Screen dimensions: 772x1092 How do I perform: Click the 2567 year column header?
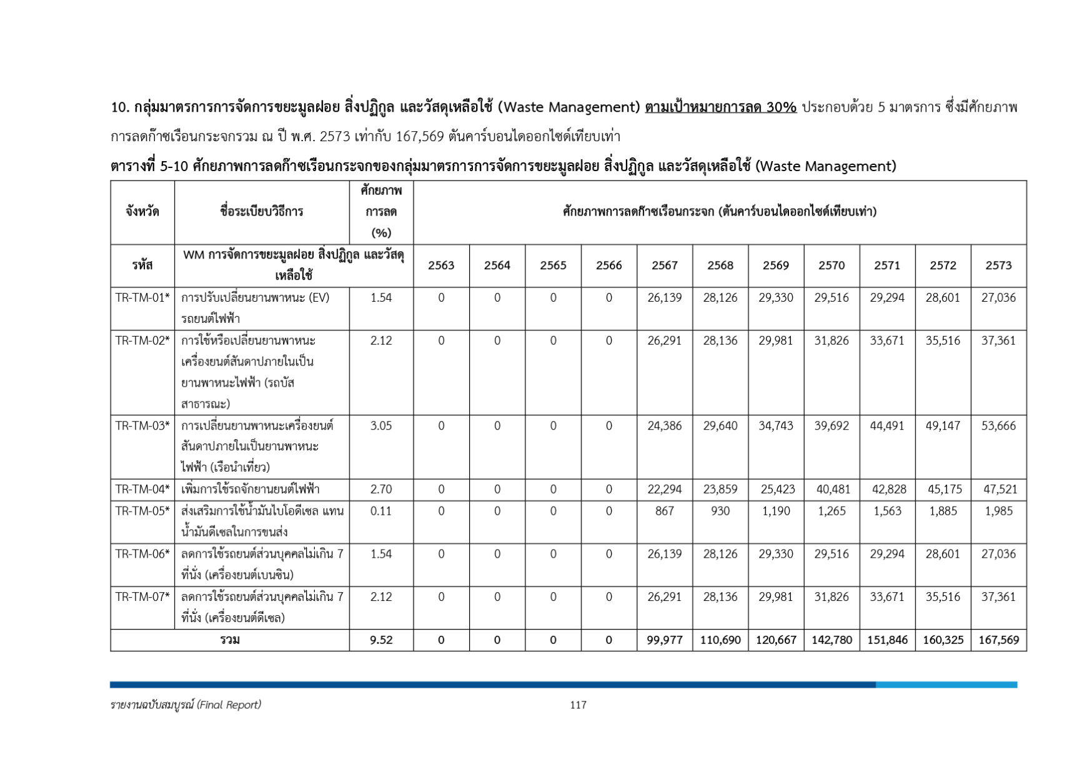(x=664, y=265)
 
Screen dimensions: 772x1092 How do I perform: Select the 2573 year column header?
(x=998, y=265)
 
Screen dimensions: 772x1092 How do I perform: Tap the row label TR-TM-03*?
(x=142, y=426)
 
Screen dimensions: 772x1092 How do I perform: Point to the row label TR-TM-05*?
(x=142, y=511)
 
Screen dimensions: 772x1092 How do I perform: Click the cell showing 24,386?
(x=664, y=426)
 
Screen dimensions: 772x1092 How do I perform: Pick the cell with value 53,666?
(x=998, y=426)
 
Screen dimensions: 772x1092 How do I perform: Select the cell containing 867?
(x=664, y=511)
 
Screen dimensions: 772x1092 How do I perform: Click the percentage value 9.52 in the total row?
(x=381, y=640)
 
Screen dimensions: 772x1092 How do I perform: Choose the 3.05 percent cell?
(x=381, y=426)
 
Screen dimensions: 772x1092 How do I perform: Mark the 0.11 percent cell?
(x=381, y=511)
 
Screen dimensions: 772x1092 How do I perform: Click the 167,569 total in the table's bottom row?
(x=998, y=640)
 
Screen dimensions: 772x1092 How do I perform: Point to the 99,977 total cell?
(x=664, y=640)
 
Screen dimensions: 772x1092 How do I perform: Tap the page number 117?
(x=578, y=705)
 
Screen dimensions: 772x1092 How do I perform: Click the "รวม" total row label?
(x=230, y=640)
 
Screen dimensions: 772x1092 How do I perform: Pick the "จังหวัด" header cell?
(x=142, y=212)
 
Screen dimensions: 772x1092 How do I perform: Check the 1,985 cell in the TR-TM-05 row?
(x=998, y=511)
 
